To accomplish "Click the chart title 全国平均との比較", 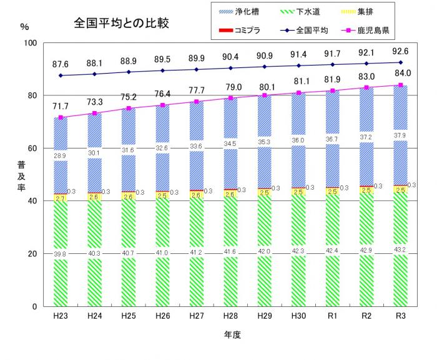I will [122, 26].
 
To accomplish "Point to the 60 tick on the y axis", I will [32, 148].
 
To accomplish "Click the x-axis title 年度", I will [232, 334].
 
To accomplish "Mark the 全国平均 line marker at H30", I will [298, 66].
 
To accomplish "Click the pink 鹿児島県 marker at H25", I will [129, 109].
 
